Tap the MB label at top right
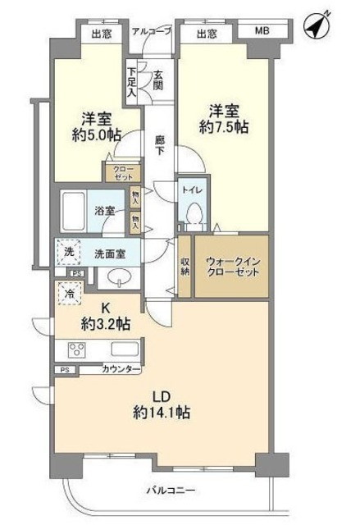[261, 32]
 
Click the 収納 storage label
[185, 265]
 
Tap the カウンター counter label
[120, 371]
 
